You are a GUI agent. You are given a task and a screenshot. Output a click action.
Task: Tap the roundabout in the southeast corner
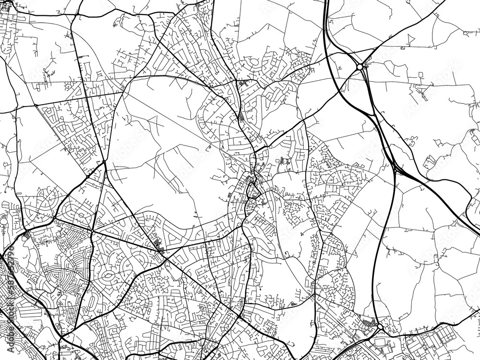(379, 327)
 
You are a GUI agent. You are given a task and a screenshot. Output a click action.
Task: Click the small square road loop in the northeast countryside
(420, 75)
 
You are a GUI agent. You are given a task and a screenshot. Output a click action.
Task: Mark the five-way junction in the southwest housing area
(91, 233)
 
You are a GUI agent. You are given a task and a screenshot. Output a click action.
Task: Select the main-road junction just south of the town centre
(243, 226)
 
